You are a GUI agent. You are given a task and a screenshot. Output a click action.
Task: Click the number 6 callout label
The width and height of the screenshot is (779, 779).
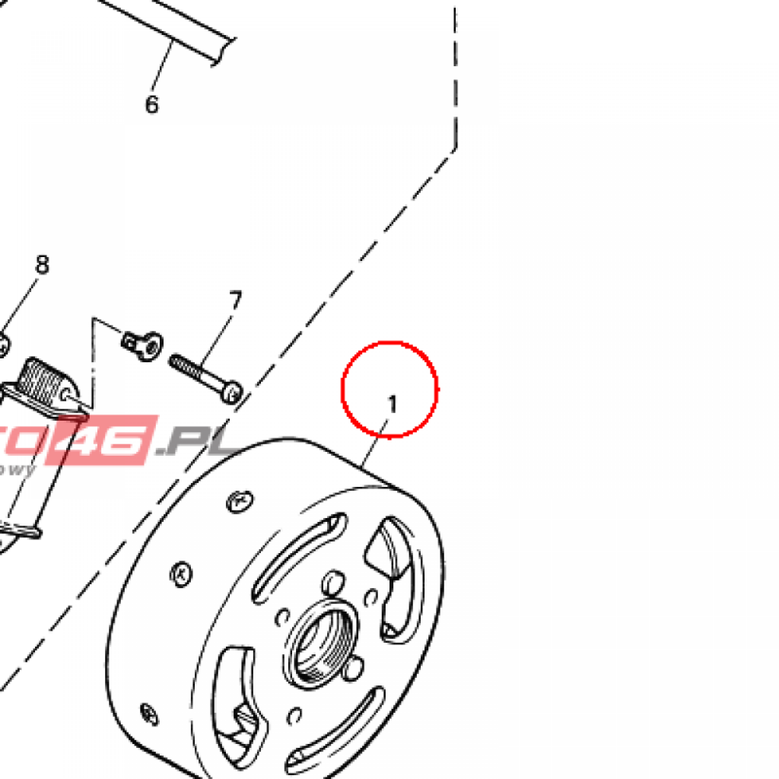pos(151,104)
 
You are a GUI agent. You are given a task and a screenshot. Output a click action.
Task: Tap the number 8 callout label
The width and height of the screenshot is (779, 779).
pos(42,265)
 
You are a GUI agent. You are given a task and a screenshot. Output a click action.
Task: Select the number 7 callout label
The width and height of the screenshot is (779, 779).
pos(234,300)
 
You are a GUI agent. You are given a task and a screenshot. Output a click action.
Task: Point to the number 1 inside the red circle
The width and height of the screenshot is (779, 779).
pos(393,404)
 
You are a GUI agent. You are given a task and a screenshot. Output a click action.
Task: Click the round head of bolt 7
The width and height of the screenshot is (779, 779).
pos(233,392)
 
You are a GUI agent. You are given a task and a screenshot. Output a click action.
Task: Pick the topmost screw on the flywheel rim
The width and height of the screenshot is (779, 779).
pos(238,501)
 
